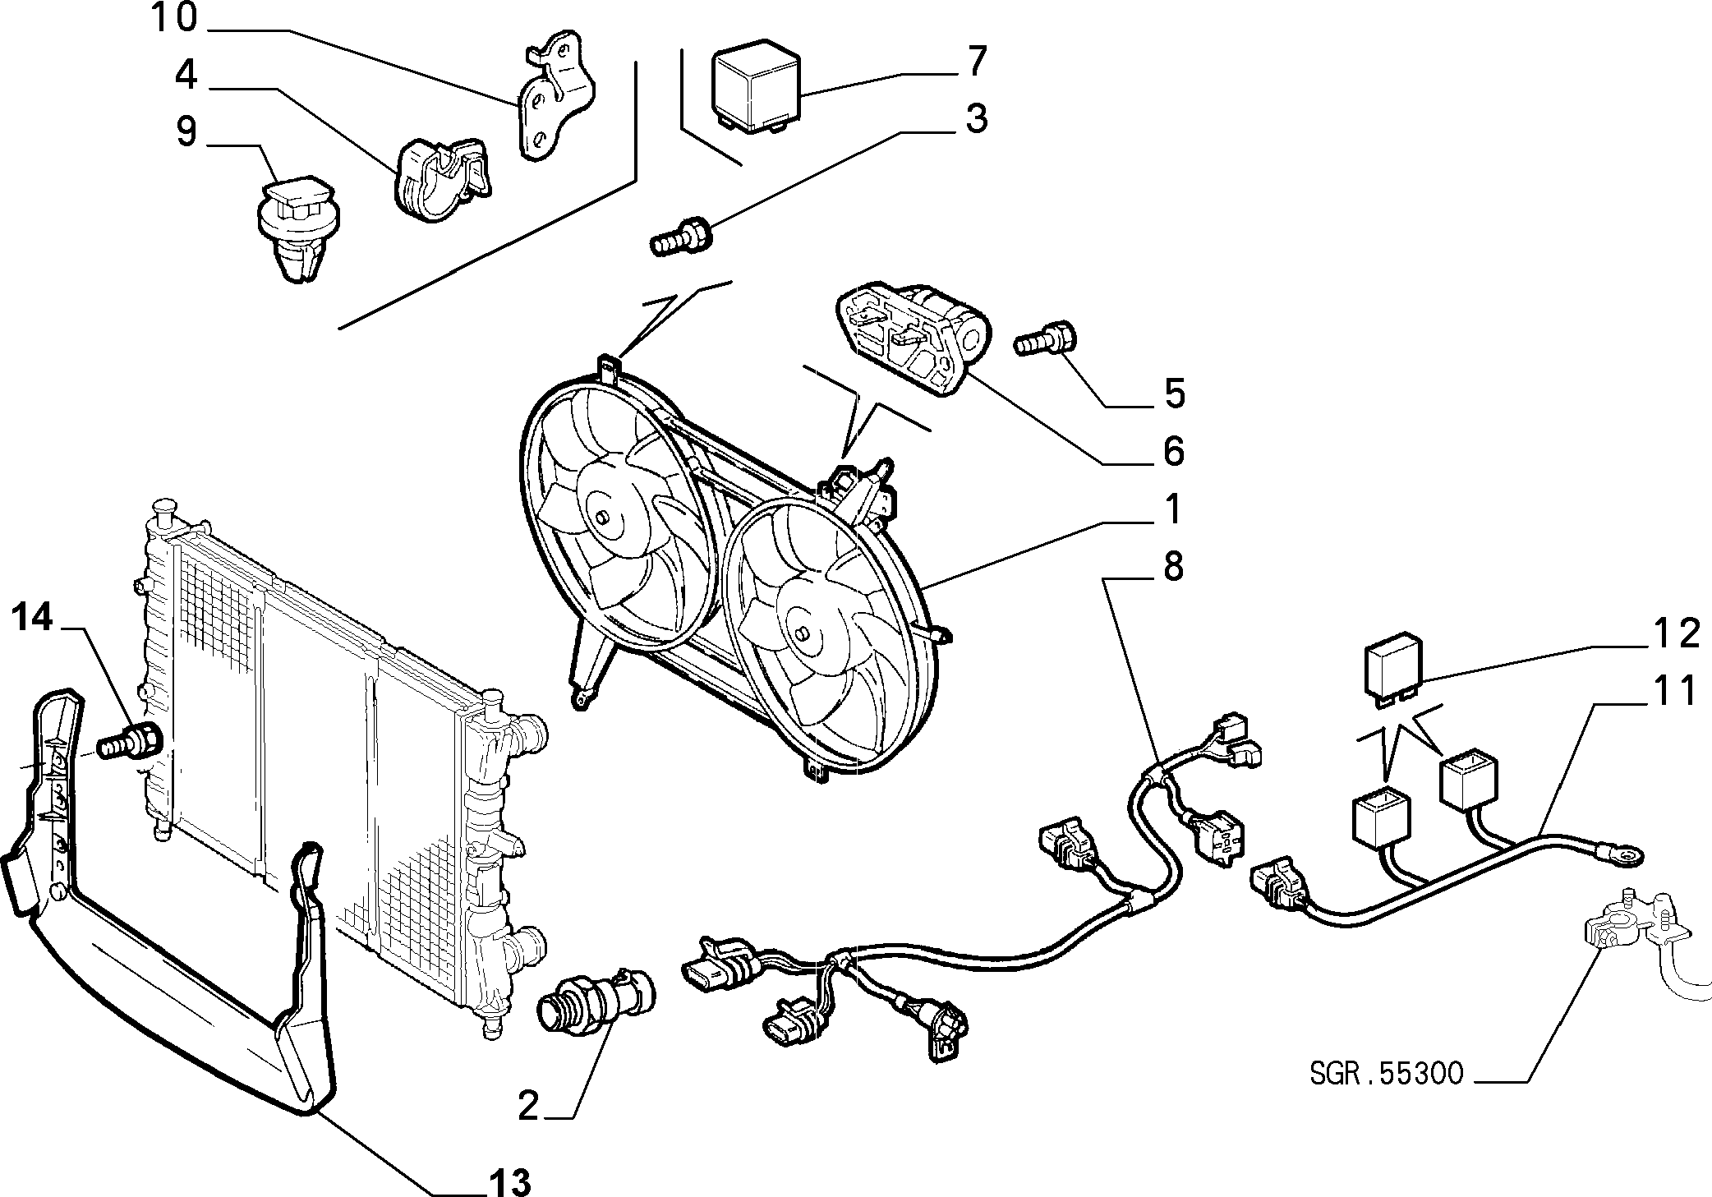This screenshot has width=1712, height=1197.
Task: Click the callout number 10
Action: click(x=175, y=17)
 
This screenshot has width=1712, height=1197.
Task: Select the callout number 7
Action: click(x=975, y=62)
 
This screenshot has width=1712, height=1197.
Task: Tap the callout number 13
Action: click(x=510, y=1182)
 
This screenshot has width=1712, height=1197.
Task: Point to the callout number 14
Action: click(x=32, y=617)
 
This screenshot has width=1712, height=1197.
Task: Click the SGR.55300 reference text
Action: click(x=1387, y=1074)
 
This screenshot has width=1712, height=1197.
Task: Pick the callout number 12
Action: click(x=1676, y=633)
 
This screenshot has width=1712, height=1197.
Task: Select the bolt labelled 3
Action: click(x=682, y=236)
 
